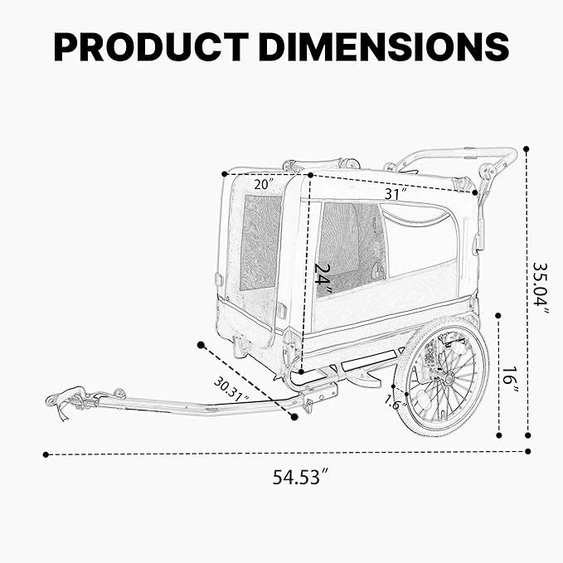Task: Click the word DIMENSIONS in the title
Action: pyautogui.click(x=383, y=46)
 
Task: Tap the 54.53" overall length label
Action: pyautogui.click(x=300, y=478)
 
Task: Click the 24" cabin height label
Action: pyautogui.click(x=324, y=279)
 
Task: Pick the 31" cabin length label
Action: pyautogui.click(x=396, y=193)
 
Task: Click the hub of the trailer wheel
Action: pyautogui.click(x=445, y=377)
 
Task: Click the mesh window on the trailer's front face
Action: pyautogui.click(x=260, y=242)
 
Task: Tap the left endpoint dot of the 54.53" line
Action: pyautogui.click(x=46, y=454)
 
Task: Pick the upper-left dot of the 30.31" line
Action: pyautogui.click(x=201, y=344)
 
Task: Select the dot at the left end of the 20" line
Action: pyautogui.click(x=225, y=173)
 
